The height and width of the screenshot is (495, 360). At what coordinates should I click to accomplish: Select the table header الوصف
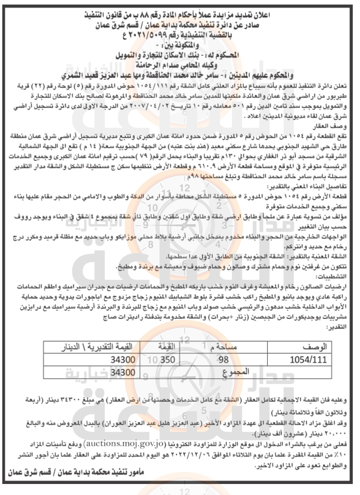click(314, 347)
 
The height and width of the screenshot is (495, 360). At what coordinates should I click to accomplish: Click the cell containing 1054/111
click(308, 359)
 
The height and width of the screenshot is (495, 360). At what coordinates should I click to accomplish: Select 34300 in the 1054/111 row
click(123, 359)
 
